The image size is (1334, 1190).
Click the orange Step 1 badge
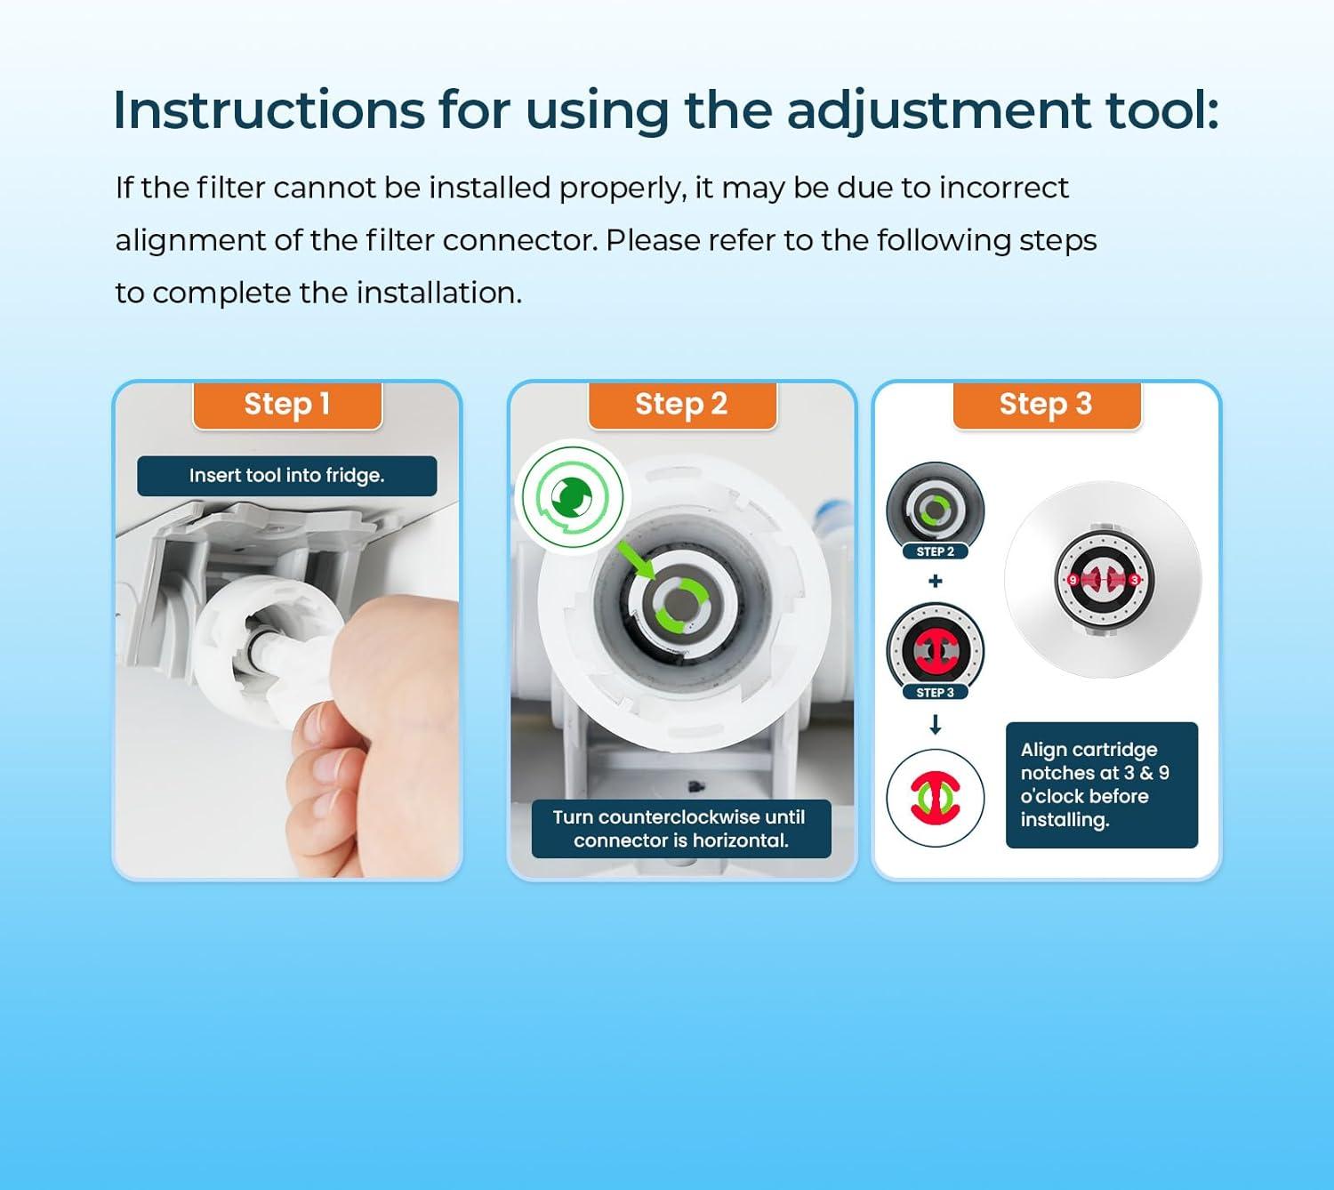coord(287,405)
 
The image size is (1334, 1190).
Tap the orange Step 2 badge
coord(682,405)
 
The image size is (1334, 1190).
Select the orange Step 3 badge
coord(1046,405)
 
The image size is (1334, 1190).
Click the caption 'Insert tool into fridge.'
coord(287,476)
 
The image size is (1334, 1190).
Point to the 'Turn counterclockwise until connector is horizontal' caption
coord(681,828)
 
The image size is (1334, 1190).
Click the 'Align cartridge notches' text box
coord(1102,785)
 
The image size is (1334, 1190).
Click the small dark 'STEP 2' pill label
coord(935,552)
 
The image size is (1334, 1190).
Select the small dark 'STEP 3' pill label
coord(935,693)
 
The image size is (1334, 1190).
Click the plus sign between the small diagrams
coord(935,581)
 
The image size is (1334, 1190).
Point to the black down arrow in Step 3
coord(935,725)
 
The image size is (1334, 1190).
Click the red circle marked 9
coord(1073,580)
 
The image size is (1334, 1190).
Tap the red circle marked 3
coord(1135,580)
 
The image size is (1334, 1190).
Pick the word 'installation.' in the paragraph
coord(439,293)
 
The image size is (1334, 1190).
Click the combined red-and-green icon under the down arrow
coord(935,798)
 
